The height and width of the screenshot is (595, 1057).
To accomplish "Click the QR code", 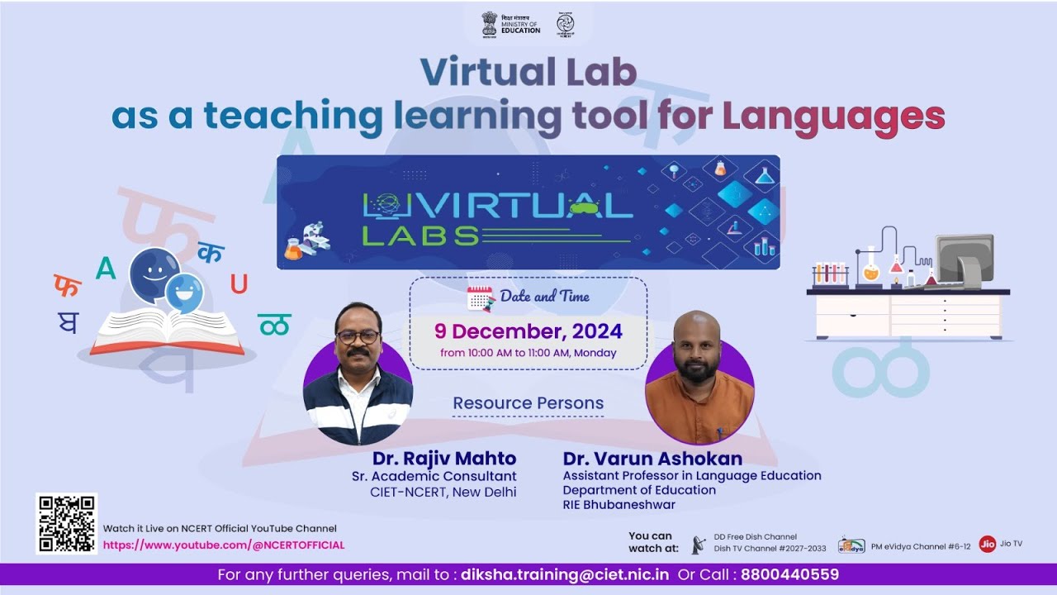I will pos(66,523).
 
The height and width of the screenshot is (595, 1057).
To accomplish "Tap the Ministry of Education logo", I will pos(512,24).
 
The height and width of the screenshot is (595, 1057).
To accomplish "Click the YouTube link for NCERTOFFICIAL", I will pos(224,545).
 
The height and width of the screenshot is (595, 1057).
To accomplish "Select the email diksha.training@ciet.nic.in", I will pos(565,574).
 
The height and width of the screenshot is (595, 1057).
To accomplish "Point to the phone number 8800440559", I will pos(789,574).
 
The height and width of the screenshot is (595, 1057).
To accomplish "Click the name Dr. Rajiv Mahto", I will pos(444,459).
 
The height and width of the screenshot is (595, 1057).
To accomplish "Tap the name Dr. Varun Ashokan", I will pos(652,459).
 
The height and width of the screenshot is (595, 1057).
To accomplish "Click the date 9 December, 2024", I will pos(528,332).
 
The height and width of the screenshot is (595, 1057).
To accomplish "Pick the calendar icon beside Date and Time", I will pos(480,298).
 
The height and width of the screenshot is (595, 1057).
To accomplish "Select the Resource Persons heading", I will pos(528,404).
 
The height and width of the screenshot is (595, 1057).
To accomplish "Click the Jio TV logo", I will pos(987,544).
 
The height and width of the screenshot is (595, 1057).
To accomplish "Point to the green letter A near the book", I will pos(106,269).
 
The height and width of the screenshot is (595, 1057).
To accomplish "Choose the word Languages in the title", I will pos(833,117).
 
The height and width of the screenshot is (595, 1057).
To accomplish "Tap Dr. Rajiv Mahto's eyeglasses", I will pos(358,337).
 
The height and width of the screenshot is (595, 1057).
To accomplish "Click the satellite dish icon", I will pos(699,544).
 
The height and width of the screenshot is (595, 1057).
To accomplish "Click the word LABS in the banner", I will pos(420,236).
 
